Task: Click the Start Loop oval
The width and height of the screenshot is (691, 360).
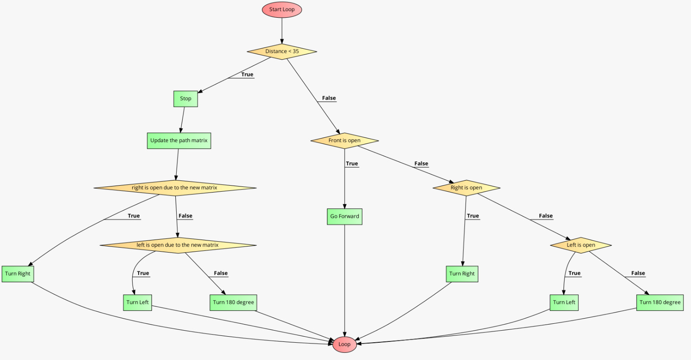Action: tap(282, 9)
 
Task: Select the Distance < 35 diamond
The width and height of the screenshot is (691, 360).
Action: tap(282, 51)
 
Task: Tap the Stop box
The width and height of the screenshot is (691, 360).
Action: tap(186, 98)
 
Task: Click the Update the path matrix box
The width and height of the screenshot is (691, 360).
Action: tap(179, 140)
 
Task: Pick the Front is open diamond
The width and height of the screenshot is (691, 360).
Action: tap(344, 140)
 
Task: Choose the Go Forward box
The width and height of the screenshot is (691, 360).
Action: tap(344, 216)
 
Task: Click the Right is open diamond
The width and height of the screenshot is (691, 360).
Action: tap(466, 188)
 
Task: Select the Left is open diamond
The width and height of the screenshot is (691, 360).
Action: tap(580, 245)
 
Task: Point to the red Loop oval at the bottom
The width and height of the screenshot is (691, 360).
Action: tap(344, 344)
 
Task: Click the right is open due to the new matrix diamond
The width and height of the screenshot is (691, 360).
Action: tap(175, 188)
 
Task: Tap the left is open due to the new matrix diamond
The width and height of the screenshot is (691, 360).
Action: tap(178, 245)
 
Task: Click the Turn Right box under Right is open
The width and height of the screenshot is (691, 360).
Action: tap(462, 274)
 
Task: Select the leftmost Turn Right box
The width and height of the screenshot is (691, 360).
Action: tap(18, 274)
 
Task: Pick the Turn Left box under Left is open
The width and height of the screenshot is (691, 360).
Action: tap(564, 302)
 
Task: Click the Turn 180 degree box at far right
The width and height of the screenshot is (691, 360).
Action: tap(659, 302)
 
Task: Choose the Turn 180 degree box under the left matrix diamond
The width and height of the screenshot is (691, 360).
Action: tap(233, 302)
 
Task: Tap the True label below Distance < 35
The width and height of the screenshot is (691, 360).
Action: tap(247, 75)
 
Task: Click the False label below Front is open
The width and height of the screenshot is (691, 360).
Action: tap(421, 164)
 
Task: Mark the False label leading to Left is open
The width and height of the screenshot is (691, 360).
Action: tap(545, 216)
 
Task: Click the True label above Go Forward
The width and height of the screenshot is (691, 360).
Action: tap(352, 164)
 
